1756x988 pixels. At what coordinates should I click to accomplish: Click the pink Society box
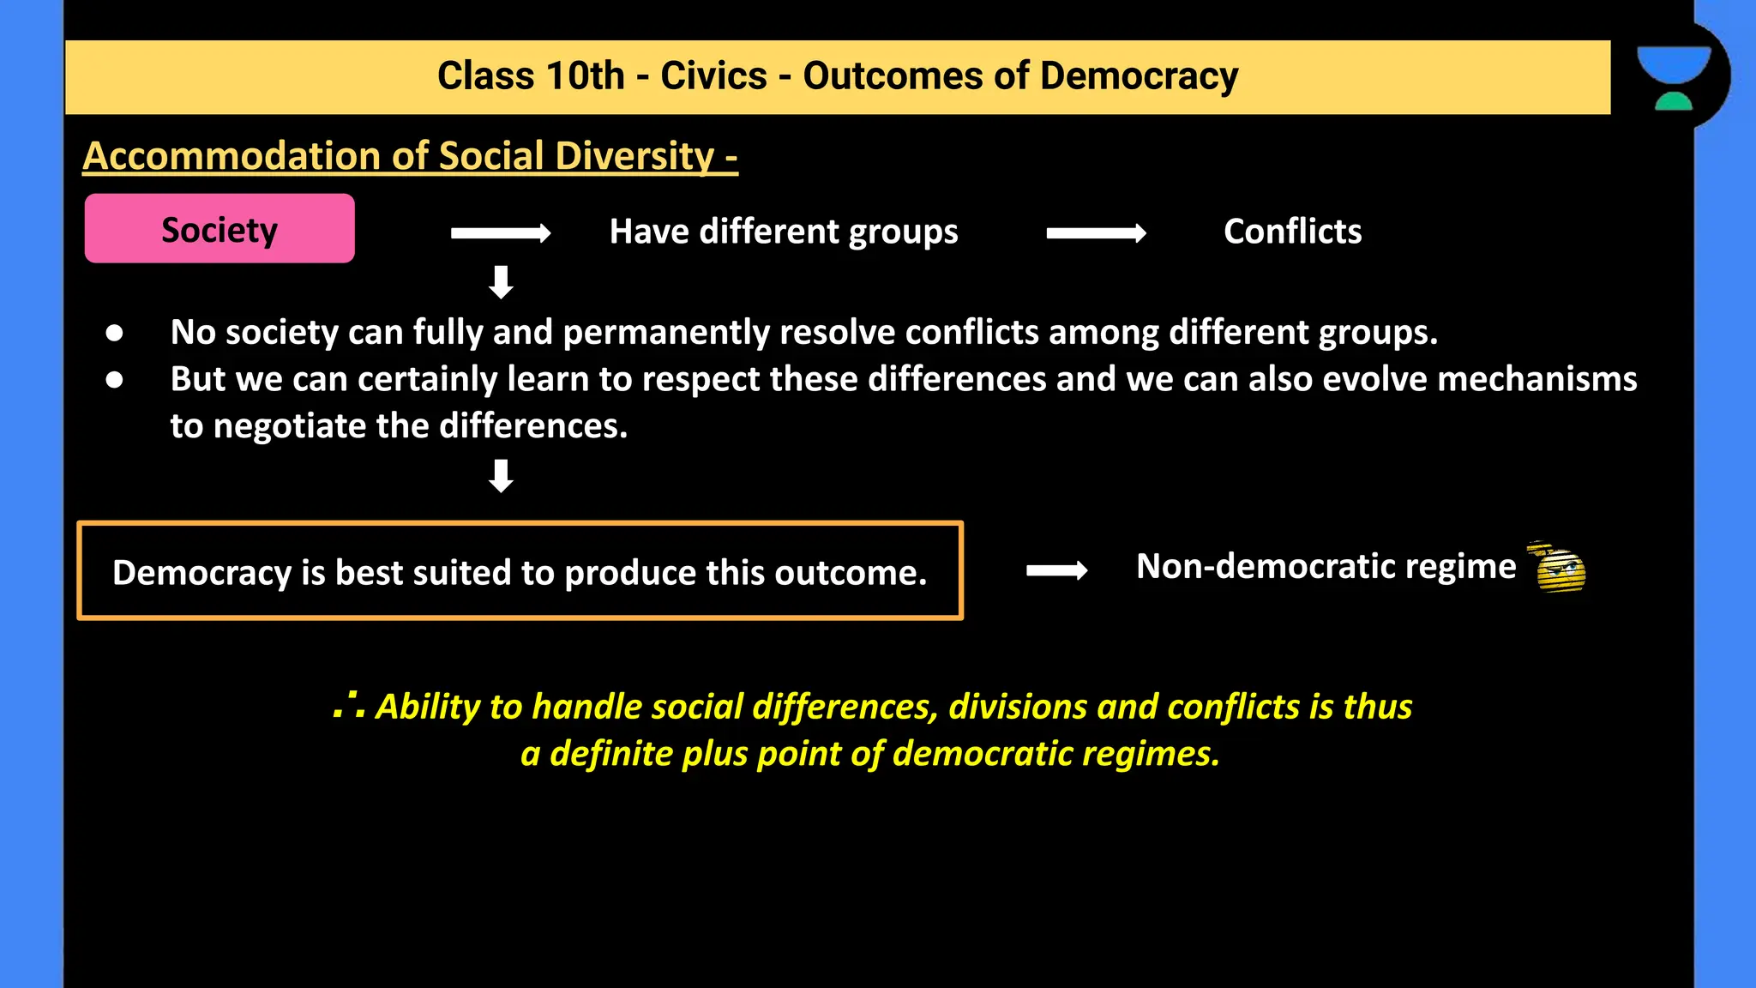point(219,229)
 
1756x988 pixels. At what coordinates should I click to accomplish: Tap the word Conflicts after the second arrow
point(1292,232)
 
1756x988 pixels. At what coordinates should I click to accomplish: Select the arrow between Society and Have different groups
point(501,233)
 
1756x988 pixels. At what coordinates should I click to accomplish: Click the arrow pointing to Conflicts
point(1096,233)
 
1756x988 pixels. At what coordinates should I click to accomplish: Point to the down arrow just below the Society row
point(501,282)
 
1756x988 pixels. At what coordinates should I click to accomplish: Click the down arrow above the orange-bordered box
point(501,476)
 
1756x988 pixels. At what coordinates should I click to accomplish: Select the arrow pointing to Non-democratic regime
point(1056,570)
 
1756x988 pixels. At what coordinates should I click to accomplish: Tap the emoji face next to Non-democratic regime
point(1559,568)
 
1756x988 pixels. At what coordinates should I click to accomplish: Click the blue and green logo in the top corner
point(1674,77)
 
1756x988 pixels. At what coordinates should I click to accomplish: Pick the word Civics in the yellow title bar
point(713,76)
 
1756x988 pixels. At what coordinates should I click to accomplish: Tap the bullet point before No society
point(114,333)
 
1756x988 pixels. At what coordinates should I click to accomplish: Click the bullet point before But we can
point(114,379)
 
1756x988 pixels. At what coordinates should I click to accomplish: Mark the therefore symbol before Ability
point(349,706)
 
